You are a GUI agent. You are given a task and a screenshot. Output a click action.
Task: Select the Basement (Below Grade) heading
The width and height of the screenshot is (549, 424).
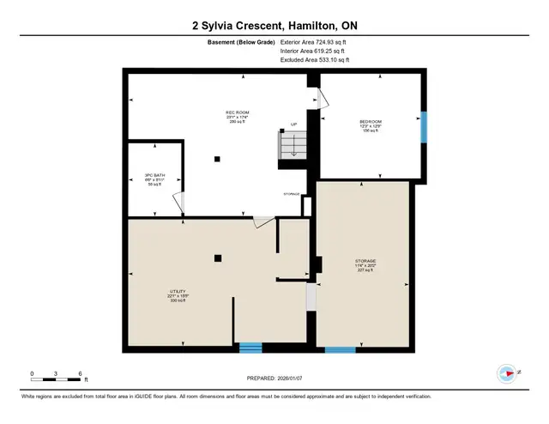pos(241,42)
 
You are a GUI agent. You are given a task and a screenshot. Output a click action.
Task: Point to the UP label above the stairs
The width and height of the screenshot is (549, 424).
pos(293,124)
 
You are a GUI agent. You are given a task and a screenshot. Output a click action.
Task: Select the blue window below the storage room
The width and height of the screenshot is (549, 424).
pos(340,349)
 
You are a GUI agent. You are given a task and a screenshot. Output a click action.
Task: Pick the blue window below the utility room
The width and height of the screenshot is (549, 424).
pos(250,347)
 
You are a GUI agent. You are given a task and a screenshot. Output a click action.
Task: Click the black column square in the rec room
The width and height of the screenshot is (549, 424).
pos(217,158)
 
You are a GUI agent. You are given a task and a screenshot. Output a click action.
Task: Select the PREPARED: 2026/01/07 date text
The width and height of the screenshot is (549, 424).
pos(274,379)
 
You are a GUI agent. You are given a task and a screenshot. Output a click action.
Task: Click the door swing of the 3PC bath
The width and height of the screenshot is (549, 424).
pos(178,203)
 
